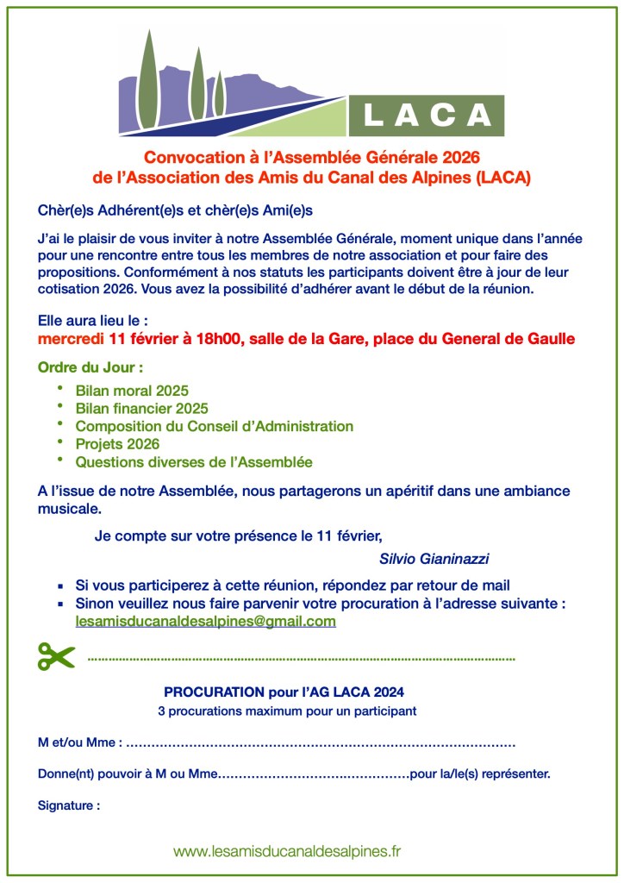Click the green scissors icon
[57, 656]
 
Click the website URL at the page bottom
[288, 851]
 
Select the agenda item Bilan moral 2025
[132, 391]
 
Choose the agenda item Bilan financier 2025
[141, 408]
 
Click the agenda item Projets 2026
[117, 444]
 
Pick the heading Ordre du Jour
[90, 367]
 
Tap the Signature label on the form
[69, 806]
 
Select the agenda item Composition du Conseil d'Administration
[214, 426]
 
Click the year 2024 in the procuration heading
[388, 692]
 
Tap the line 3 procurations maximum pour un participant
[287, 711]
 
